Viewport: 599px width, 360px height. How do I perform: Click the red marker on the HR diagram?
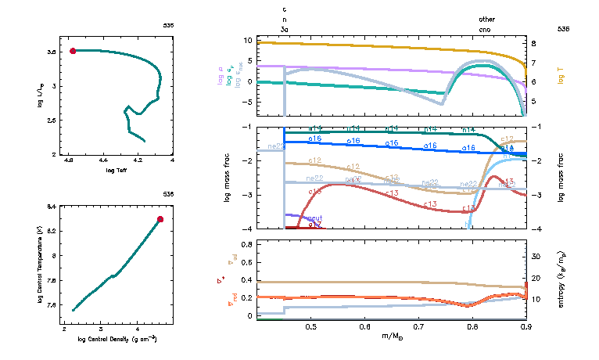(x=73, y=51)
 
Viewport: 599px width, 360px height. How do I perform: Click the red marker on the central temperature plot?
(x=160, y=219)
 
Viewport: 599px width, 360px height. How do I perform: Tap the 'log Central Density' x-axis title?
(x=117, y=339)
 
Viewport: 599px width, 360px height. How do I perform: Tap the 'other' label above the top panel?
(x=486, y=18)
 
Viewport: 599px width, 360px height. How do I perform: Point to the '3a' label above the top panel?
(x=285, y=28)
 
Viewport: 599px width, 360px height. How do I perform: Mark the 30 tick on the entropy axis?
(x=536, y=257)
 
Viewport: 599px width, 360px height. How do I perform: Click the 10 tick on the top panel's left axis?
(x=247, y=39)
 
